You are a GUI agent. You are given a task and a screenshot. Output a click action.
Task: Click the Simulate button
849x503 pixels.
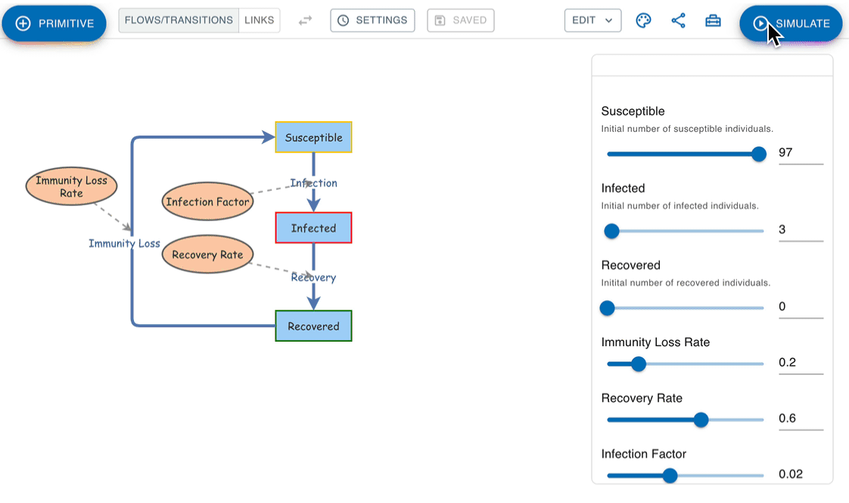(791, 23)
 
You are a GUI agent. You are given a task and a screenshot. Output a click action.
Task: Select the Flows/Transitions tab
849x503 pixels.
(179, 20)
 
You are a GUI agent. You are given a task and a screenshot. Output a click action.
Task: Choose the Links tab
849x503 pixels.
(260, 20)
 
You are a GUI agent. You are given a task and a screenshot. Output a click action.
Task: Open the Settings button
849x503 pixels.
(372, 20)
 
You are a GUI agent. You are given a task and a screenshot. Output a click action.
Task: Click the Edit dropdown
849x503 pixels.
(593, 20)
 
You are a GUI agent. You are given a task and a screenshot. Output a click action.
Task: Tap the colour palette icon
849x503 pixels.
(643, 20)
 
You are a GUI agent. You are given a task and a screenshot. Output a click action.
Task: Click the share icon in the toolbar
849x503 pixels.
(679, 20)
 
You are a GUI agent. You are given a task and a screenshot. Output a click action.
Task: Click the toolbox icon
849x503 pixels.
(713, 20)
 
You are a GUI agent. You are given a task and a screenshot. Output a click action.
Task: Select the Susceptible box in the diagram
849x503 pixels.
(313, 137)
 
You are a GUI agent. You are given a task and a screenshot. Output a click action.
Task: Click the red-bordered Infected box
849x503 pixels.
(313, 228)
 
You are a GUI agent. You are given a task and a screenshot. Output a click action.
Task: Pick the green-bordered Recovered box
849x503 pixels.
(313, 326)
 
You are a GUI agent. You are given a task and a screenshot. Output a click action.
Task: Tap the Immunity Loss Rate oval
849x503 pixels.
(71, 186)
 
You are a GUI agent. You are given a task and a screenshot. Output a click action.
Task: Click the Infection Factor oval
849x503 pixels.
(208, 202)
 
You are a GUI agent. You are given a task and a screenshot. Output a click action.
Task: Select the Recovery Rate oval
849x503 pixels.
(208, 255)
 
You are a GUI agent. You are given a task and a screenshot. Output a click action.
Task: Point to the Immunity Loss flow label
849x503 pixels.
(125, 243)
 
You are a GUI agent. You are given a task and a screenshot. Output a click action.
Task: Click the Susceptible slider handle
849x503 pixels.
(759, 154)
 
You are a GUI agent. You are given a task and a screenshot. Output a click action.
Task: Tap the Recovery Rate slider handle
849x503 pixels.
(701, 420)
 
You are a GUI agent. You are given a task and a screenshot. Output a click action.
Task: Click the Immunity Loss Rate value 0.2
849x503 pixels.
(787, 363)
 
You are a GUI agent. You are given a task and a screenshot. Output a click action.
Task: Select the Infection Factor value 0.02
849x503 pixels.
(791, 474)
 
